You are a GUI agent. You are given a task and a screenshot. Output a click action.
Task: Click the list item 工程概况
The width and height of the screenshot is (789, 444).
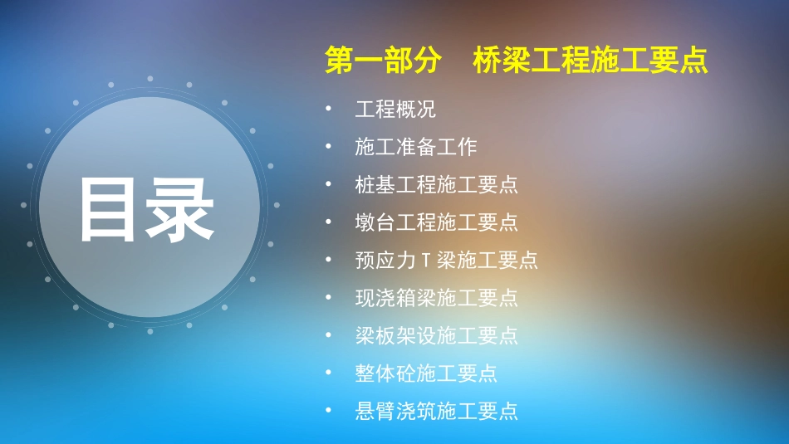(x=395, y=110)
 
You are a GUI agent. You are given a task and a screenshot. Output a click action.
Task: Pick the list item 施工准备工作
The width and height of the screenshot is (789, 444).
(x=416, y=147)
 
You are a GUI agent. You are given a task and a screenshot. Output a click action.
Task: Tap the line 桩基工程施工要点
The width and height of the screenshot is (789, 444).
(x=437, y=184)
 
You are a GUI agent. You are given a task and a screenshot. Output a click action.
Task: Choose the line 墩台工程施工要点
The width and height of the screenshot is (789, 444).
(x=437, y=222)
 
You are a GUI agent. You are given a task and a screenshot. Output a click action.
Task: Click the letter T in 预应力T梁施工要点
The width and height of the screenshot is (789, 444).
(x=425, y=261)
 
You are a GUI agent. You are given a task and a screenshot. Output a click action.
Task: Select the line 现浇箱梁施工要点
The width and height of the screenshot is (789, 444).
(x=437, y=297)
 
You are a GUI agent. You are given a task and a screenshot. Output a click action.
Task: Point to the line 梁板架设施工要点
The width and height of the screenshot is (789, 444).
(x=437, y=335)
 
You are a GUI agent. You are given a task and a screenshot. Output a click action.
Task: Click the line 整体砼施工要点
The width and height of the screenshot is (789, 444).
(x=426, y=373)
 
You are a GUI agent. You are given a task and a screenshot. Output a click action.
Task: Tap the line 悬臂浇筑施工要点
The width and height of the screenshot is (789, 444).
(x=437, y=411)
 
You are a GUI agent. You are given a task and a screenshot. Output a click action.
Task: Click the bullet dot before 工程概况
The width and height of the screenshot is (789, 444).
(x=330, y=109)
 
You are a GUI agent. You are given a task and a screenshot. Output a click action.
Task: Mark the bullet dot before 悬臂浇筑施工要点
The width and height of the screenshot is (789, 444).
(x=330, y=410)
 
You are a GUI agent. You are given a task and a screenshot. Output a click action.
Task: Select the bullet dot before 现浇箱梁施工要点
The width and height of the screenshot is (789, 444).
(x=330, y=296)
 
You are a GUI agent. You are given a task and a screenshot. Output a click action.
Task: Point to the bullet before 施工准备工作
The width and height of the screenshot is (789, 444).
(x=330, y=146)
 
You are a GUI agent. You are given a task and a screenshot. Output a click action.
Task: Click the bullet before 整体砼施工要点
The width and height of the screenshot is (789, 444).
(x=330, y=373)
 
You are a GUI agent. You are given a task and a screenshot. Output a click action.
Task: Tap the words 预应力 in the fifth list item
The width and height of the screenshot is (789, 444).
(x=385, y=261)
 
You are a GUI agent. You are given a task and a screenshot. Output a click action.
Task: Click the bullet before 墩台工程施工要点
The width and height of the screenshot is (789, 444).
(x=330, y=222)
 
